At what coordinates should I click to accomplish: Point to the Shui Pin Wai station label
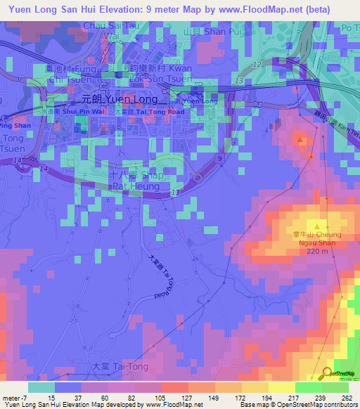(x=77, y=110)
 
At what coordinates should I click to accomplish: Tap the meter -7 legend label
(x=13, y=398)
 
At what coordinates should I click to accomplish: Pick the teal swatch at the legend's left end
(x=41, y=387)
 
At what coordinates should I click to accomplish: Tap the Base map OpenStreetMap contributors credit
(x=305, y=405)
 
